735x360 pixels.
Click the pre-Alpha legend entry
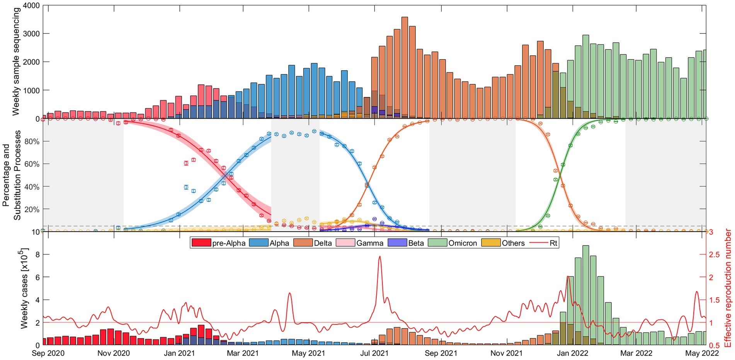tap(219, 243)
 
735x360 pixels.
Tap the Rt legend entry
tap(543, 243)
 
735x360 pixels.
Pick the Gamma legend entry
tap(360, 243)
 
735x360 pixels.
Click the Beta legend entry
tap(407, 243)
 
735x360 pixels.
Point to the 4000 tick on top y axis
tap(32, 6)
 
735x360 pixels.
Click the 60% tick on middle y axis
tap(32, 164)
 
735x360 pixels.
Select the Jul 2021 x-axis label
tap(374, 353)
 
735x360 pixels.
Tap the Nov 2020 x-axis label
tap(114, 353)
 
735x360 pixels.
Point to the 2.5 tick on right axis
tap(715, 254)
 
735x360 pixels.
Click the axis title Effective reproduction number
tap(728, 288)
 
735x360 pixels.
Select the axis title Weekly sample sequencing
tap(16, 62)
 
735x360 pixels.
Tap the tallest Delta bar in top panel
tap(405, 68)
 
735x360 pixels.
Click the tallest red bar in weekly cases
tap(201, 335)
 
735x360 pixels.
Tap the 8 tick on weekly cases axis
tap(37, 254)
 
